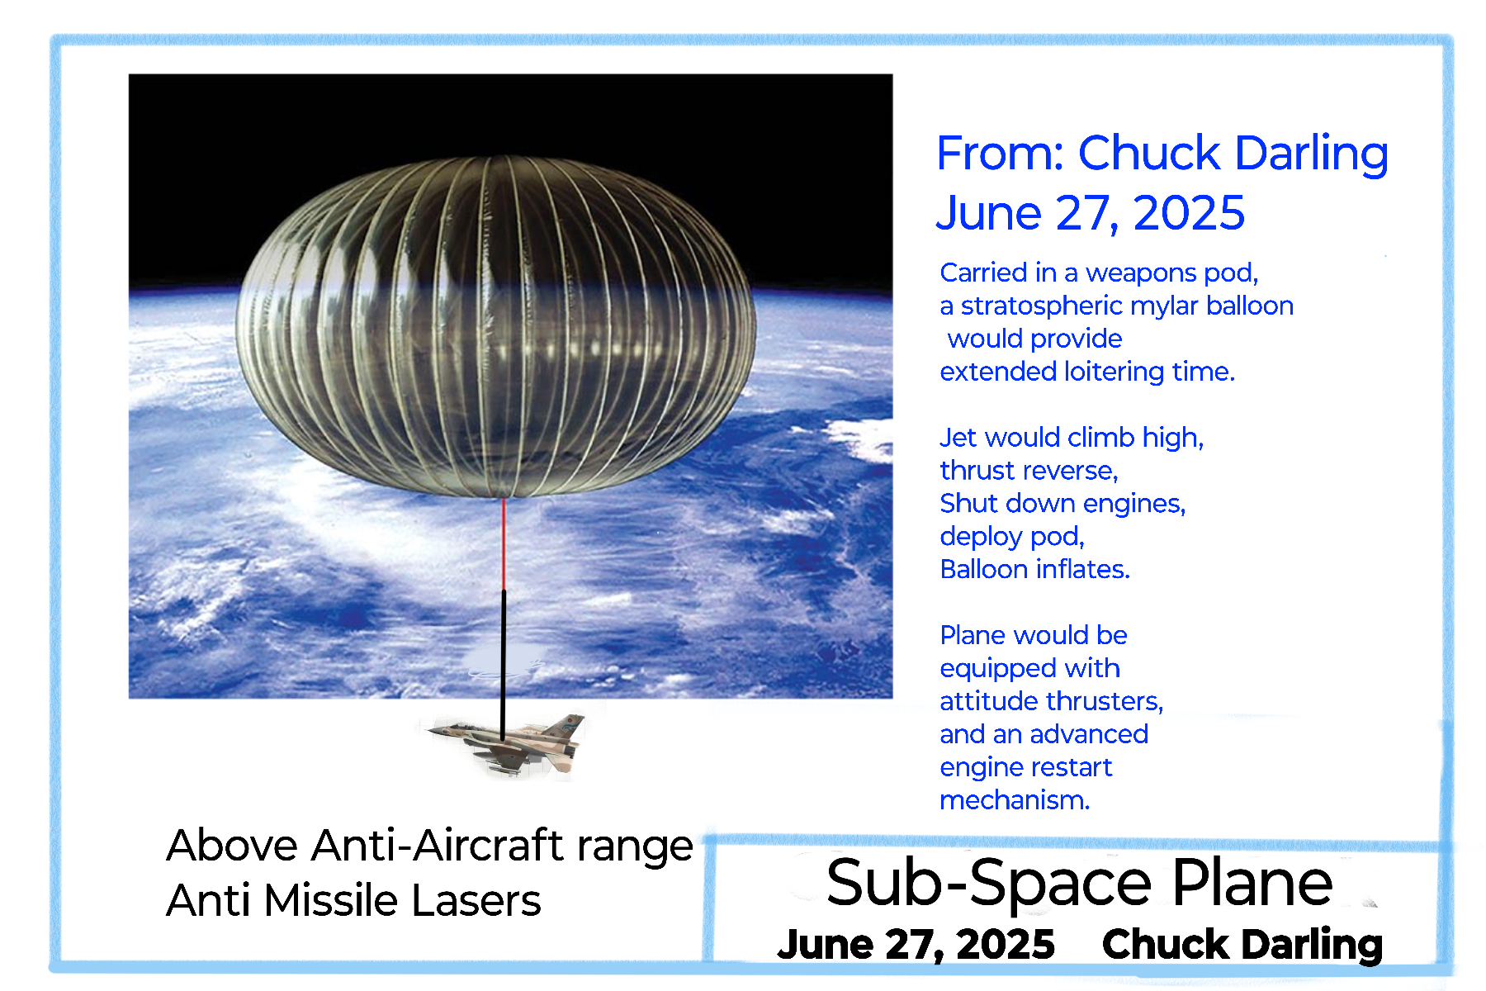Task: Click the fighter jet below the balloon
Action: click(x=505, y=743)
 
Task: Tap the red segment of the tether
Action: click(x=504, y=543)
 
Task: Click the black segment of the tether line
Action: click(x=503, y=663)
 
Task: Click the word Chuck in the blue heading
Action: click(x=1149, y=154)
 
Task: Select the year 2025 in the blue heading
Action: click(x=1189, y=214)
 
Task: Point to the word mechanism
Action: click(x=1015, y=800)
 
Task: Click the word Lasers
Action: click(x=476, y=900)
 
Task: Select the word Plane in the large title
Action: click(x=1252, y=883)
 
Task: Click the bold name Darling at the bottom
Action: click(x=1313, y=944)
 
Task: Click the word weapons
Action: click(x=1142, y=273)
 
